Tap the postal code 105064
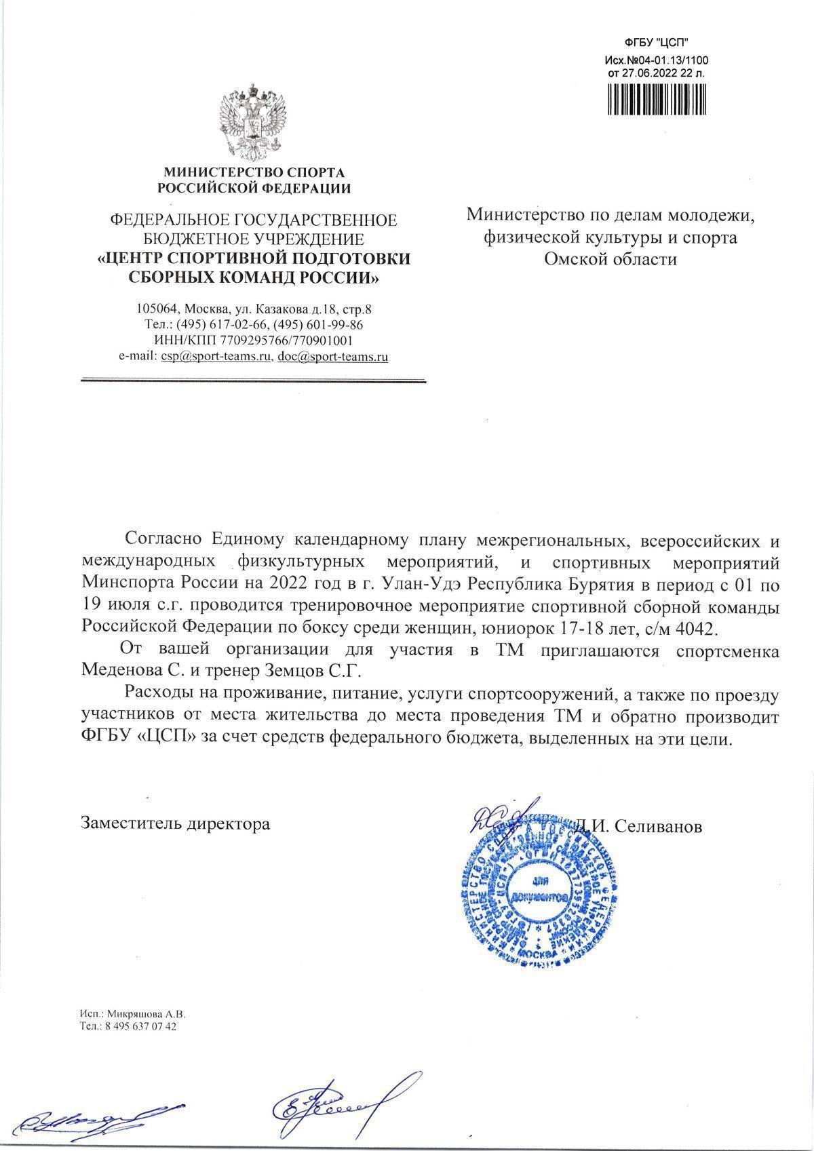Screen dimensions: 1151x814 click(x=157, y=309)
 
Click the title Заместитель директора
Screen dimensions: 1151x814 click(x=175, y=824)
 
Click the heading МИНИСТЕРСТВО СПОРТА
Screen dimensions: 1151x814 click(x=254, y=173)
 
